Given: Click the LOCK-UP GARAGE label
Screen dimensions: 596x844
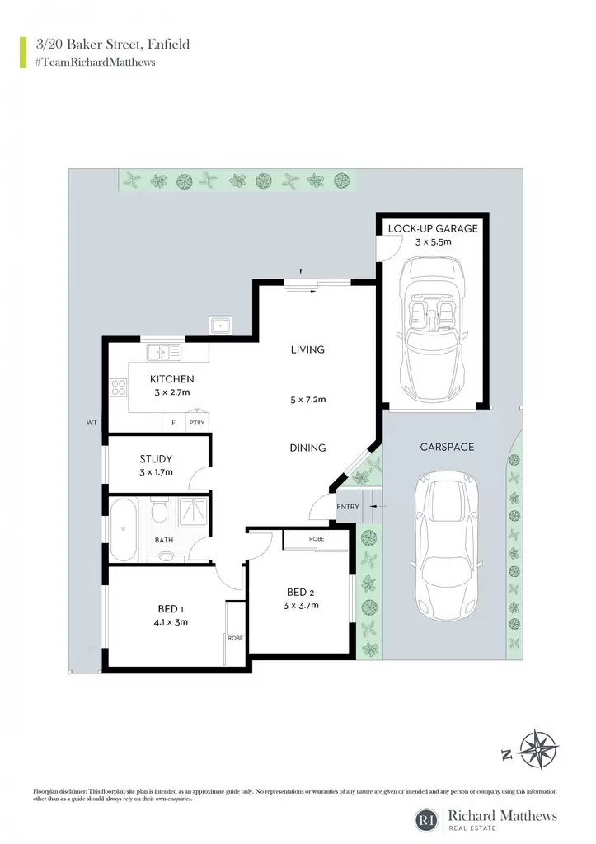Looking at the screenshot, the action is pos(433,228).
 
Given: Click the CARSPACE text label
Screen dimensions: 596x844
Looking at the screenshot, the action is pos(447,447).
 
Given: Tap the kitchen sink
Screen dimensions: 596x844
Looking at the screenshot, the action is pos(164,353).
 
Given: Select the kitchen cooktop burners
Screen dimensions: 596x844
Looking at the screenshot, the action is pos(119,387).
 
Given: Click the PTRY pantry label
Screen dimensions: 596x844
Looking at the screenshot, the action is pos(197,423).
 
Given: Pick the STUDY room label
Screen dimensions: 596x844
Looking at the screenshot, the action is pos(156,458).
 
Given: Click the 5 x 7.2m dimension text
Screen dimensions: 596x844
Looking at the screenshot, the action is pos(308,400).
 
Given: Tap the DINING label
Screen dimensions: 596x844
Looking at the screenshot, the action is pos(307,448).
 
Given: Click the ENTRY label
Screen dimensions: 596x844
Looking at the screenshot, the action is pos(348,507).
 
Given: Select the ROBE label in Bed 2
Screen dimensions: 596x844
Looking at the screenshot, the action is pos(317,539).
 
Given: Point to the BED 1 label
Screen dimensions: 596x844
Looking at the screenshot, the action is pos(171,609).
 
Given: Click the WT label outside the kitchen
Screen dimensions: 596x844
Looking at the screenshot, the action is pos(92,423).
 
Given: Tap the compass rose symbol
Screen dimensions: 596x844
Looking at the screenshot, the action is pos(537,750).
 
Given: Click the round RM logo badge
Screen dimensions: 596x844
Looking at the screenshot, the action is pos(428,820).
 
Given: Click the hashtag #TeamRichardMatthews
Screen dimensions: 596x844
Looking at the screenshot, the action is pos(96,62).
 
